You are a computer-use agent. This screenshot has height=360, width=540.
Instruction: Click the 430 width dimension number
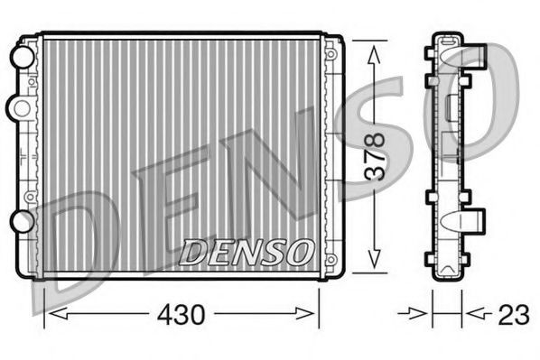[x=182, y=316]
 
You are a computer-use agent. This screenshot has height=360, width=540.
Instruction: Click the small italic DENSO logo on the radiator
[x=247, y=250]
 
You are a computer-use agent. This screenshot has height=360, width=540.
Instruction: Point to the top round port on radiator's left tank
[x=19, y=56]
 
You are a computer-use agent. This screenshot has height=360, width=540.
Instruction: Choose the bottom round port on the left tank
[x=19, y=221]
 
